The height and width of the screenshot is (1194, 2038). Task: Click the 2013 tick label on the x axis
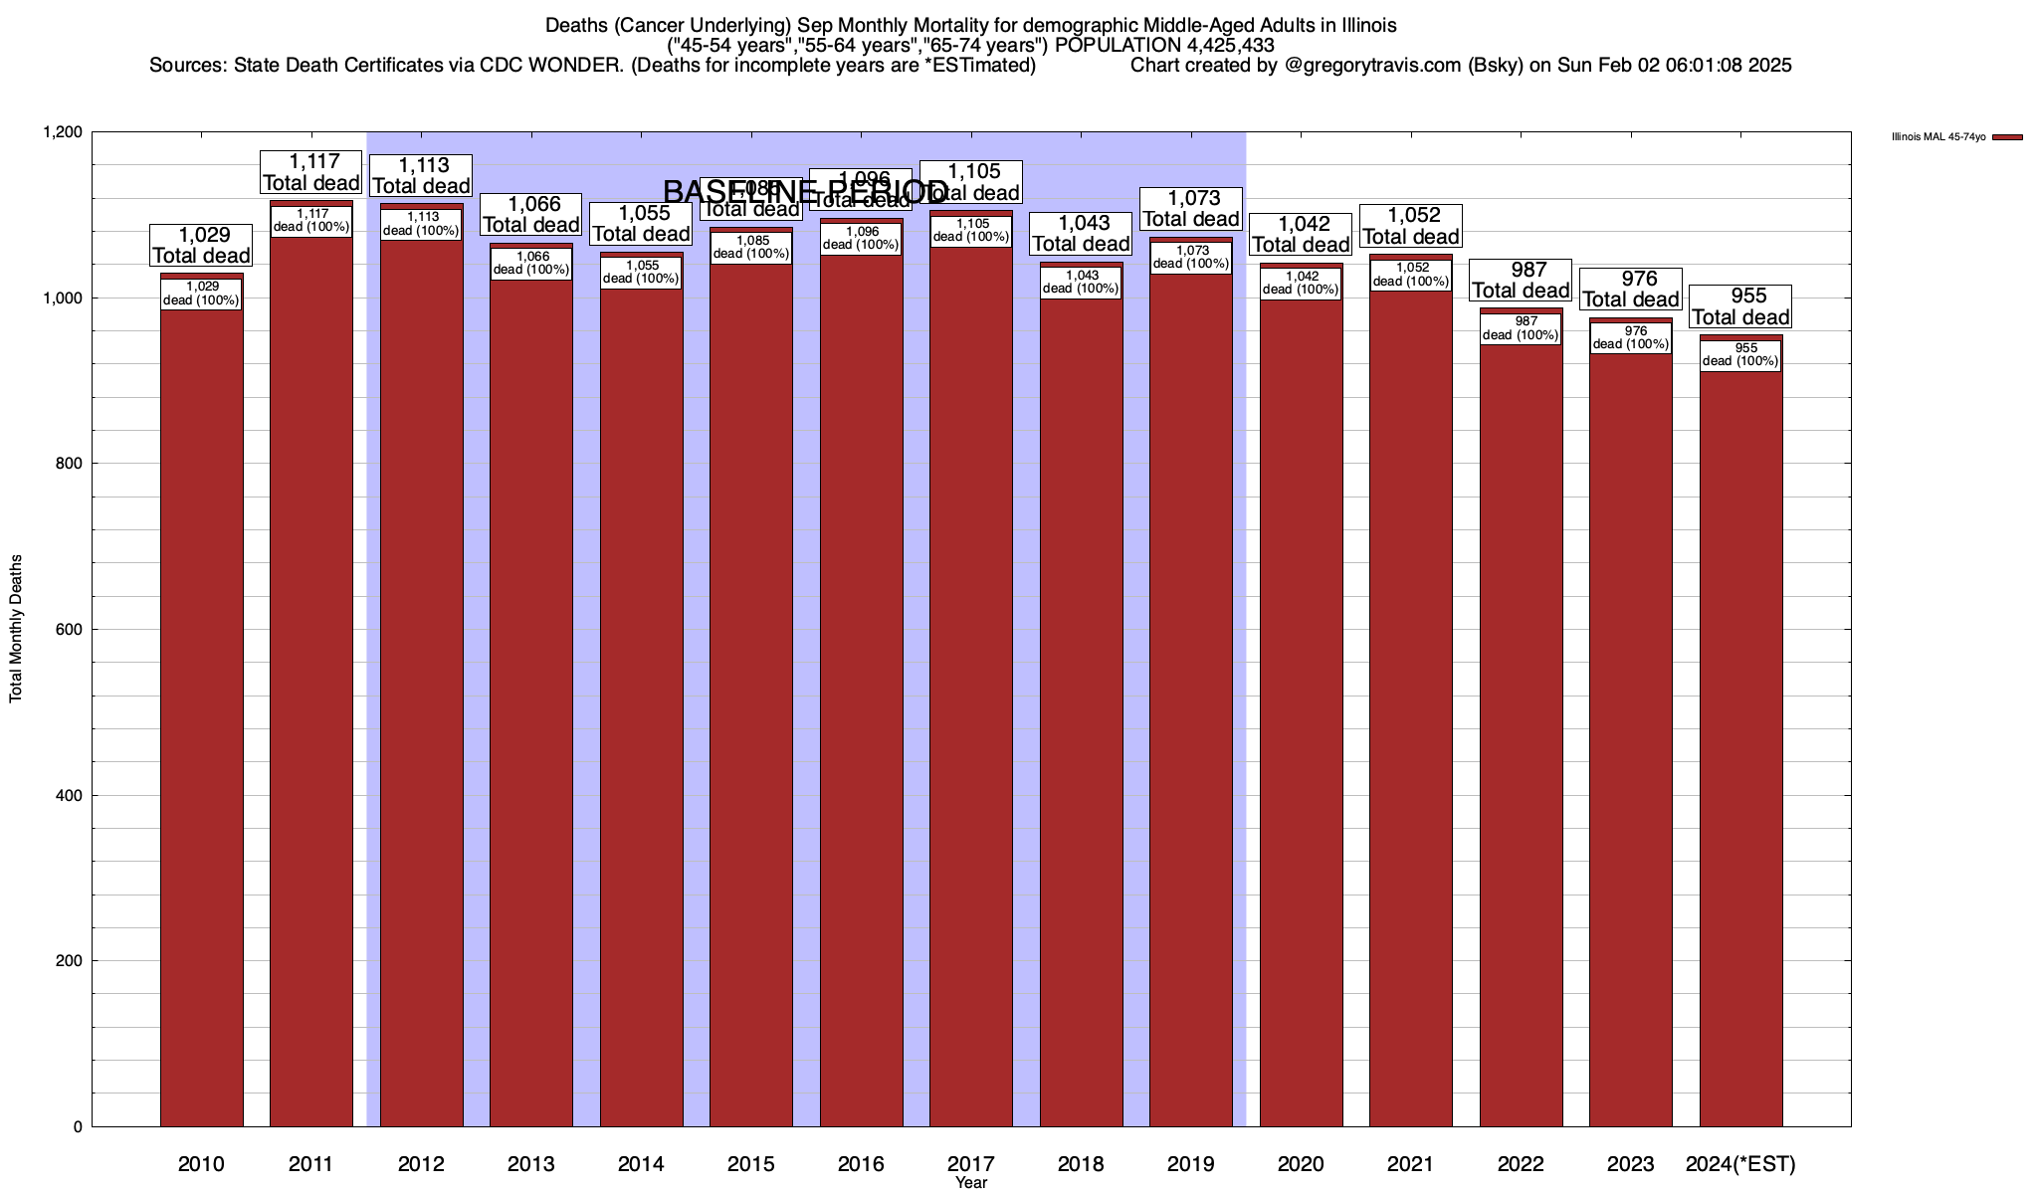point(531,1164)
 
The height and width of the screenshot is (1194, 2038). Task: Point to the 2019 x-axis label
point(1191,1164)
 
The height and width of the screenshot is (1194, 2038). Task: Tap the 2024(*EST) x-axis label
point(1740,1164)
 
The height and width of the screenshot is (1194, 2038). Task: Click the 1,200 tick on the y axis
point(62,132)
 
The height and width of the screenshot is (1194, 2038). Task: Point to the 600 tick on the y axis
point(71,630)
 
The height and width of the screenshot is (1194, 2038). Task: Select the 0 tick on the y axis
point(79,1126)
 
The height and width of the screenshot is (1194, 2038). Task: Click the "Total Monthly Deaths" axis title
point(16,629)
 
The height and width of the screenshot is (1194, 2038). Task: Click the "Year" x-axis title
point(971,1183)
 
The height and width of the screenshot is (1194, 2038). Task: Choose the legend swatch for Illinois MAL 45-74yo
point(2007,137)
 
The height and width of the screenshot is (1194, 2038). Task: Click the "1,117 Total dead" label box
point(310,172)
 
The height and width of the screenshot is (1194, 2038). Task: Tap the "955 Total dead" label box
point(1741,306)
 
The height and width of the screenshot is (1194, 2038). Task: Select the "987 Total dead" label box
point(1521,281)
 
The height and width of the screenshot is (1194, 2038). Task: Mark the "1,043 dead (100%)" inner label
point(1082,283)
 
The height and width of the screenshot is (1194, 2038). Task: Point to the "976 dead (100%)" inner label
point(1631,338)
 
